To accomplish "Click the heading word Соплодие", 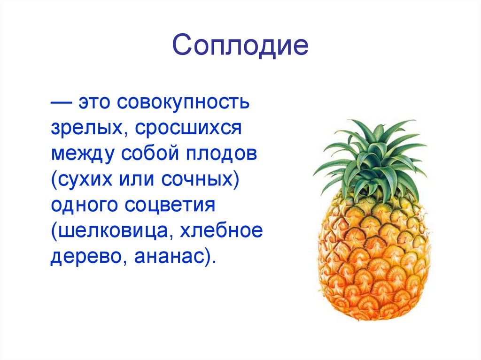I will pyautogui.click(x=240, y=46).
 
